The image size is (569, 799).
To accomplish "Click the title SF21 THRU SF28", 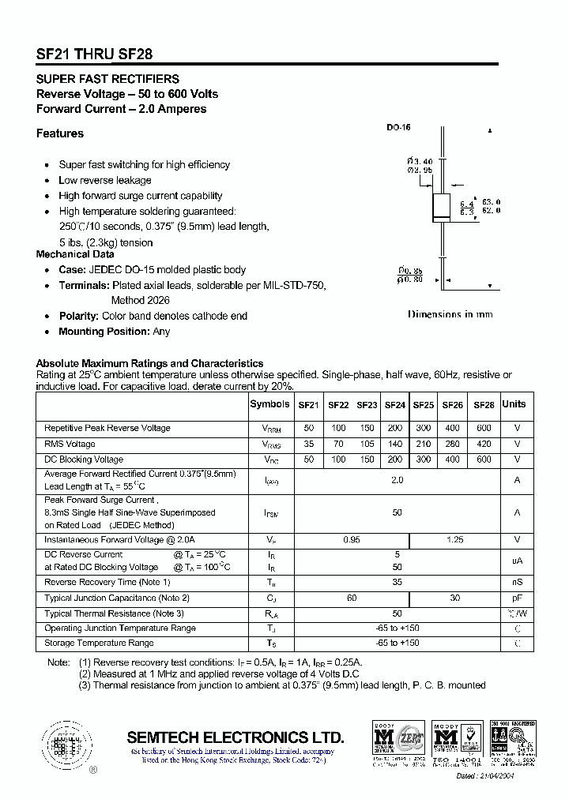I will pyautogui.click(x=95, y=54).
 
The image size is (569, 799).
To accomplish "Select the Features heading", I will pyautogui.click(x=60, y=133).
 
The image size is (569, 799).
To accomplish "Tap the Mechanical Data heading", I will pyautogui.click(x=75, y=254).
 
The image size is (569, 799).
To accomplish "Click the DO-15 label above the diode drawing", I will pyautogui.click(x=398, y=128).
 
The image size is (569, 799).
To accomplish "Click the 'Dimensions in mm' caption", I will pyautogui.click(x=450, y=314).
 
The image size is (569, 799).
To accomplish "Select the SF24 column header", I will pyautogui.click(x=395, y=405).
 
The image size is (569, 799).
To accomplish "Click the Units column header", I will pyautogui.click(x=514, y=404).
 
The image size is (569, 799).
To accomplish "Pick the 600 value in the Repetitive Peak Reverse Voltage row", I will pyautogui.click(x=484, y=428).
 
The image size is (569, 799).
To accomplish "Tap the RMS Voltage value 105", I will pyautogui.click(x=367, y=444).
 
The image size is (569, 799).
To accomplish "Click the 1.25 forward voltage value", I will pyautogui.click(x=454, y=539).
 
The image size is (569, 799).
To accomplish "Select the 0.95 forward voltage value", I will pyautogui.click(x=352, y=539).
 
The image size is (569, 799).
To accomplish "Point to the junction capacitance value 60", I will pyautogui.click(x=352, y=598).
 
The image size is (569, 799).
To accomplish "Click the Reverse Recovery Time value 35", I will pyautogui.click(x=397, y=583).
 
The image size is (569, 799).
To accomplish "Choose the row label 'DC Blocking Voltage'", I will pyautogui.click(x=84, y=460).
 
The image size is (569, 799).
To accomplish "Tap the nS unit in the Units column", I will pyautogui.click(x=517, y=583).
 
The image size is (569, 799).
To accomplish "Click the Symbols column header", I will pyautogui.click(x=269, y=404).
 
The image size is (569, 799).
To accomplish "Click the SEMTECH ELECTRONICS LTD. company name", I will pyautogui.click(x=236, y=737).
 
